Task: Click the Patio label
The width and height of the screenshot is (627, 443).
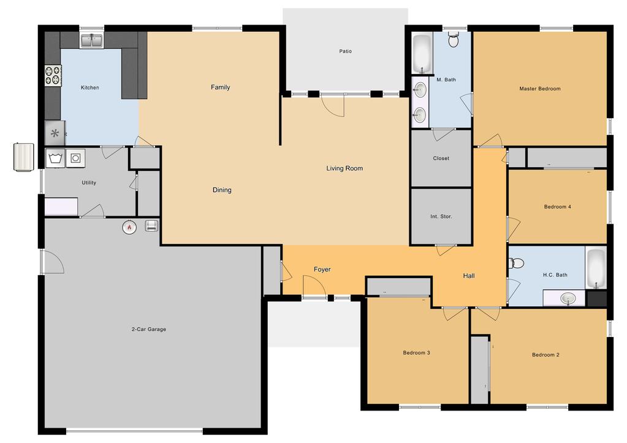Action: [346, 51]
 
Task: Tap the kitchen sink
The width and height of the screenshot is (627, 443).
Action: [92, 40]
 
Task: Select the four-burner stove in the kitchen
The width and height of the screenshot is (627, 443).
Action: [53, 75]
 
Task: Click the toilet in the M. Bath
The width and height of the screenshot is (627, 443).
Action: [453, 40]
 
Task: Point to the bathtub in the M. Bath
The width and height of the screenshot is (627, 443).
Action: [422, 54]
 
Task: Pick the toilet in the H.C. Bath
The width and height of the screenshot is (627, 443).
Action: [516, 263]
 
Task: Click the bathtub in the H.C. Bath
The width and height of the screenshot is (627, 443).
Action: [596, 268]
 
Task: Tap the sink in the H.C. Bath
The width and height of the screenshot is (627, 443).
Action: [568, 298]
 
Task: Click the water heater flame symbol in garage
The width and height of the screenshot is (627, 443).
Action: [129, 227]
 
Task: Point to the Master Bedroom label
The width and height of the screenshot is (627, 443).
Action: [540, 89]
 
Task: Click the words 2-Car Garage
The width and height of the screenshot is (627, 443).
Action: [149, 330]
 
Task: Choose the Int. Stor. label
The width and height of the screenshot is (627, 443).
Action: [441, 216]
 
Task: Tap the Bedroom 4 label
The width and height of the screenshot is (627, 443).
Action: [557, 206]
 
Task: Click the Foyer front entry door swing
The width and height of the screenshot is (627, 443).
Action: [314, 286]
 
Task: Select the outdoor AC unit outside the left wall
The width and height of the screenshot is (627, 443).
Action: [23, 157]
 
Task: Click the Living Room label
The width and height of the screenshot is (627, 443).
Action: [344, 168]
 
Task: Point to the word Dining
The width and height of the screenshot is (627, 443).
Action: [222, 190]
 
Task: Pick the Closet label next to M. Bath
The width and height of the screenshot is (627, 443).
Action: [441, 158]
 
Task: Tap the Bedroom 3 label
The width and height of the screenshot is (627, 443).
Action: [416, 353]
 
